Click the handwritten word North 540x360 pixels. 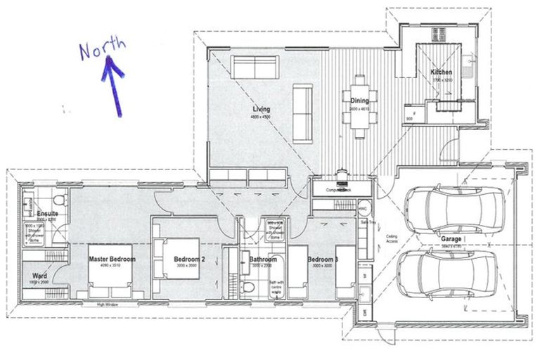click(x=103, y=49)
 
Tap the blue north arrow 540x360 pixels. click(x=114, y=84)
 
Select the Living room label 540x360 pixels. click(x=262, y=110)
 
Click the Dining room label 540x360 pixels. click(x=359, y=101)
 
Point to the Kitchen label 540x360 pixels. click(x=441, y=72)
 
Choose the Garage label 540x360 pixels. click(x=451, y=239)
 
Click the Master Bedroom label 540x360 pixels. click(x=112, y=259)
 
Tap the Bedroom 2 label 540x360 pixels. click(x=189, y=259)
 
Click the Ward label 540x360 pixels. click(x=40, y=276)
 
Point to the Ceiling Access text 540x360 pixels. click(x=392, y=239)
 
